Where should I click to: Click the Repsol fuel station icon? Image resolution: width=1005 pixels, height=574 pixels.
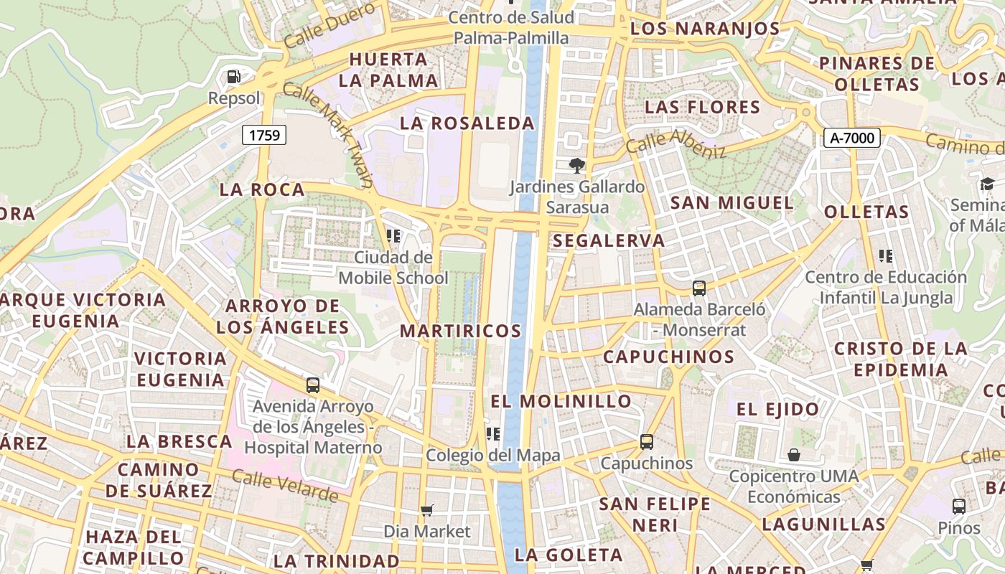point(233,76)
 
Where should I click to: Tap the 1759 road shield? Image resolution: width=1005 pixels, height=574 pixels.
point(264,134)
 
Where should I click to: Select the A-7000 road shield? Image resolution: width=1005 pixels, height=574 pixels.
point(851,137)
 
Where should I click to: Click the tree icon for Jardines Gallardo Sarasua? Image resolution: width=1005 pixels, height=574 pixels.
point(576,166)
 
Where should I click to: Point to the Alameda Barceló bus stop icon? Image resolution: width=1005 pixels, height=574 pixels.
point(698,288)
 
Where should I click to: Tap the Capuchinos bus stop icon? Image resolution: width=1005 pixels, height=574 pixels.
point(647,442)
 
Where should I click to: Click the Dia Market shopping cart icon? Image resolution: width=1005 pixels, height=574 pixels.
point(427,510)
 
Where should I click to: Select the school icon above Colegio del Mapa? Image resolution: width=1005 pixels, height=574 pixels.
point(492,433)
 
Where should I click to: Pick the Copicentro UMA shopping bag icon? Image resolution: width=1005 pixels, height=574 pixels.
point(793,455)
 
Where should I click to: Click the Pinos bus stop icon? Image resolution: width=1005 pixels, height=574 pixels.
point(958,507)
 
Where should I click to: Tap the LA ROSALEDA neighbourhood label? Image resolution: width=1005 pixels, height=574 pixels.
point(467,123)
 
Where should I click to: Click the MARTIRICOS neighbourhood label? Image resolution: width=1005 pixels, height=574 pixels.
point(460,331)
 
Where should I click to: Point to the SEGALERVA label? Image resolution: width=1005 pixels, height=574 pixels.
point(609,241)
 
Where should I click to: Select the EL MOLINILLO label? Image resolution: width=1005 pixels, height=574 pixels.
point(561,401)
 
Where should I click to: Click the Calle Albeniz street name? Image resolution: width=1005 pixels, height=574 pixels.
point(676,143)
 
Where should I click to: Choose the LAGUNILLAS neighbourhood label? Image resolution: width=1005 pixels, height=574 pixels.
point(823,524)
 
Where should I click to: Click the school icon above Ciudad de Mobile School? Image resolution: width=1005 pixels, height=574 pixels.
point(393,235)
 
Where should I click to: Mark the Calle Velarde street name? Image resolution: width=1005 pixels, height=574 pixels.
point(285,486)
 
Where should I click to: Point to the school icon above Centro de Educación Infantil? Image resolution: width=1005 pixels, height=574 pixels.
point(885,256)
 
